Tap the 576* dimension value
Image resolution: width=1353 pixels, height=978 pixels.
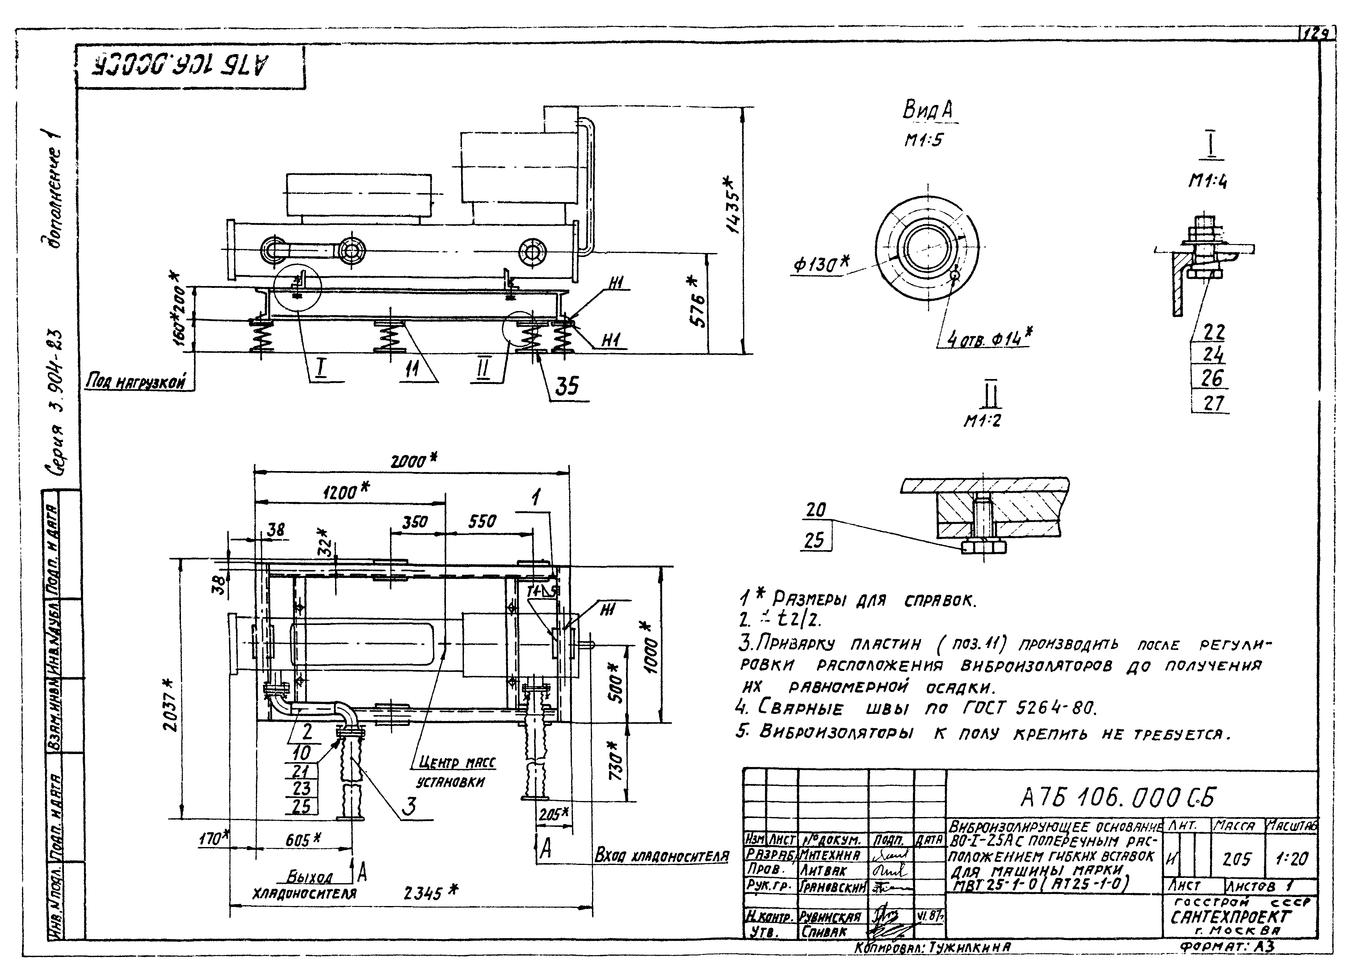[698, 301]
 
